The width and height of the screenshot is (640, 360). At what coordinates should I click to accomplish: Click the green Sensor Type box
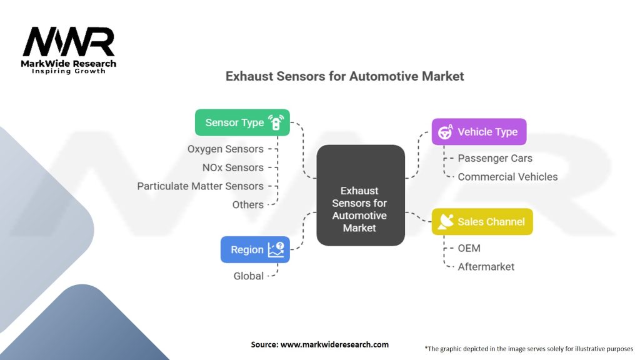coord(242,122)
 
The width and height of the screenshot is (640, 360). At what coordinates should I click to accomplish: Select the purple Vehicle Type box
coord(479,132)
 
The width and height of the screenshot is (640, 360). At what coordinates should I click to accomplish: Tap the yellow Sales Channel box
coord(482,221)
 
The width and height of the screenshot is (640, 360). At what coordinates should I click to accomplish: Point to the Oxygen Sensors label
coord(225,149)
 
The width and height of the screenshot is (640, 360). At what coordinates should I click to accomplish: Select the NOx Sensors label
coord(232,167)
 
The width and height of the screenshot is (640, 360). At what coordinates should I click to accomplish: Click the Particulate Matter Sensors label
coord(200,186)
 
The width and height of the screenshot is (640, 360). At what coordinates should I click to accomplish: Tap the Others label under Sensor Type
coord(247,204)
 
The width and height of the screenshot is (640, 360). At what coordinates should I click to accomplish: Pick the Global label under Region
coord(249,276)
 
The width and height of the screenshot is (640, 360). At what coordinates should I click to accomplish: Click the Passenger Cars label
coord(495,158)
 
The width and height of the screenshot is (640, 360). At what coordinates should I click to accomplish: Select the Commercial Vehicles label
coord(507,177)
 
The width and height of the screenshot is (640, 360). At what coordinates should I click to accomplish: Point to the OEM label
coord(469,248)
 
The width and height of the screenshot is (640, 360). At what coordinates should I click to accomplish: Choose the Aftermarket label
coord(486,267)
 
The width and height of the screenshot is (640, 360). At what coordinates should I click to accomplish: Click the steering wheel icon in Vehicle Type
coord(446,132)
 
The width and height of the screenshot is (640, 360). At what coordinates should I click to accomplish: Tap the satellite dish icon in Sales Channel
coord(446,221)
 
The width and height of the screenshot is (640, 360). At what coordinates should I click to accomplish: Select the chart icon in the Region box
coord(276,249)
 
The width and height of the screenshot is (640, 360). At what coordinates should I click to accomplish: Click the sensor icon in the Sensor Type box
coord(276,122)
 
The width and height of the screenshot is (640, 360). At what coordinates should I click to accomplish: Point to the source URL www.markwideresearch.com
coord(319,344)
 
